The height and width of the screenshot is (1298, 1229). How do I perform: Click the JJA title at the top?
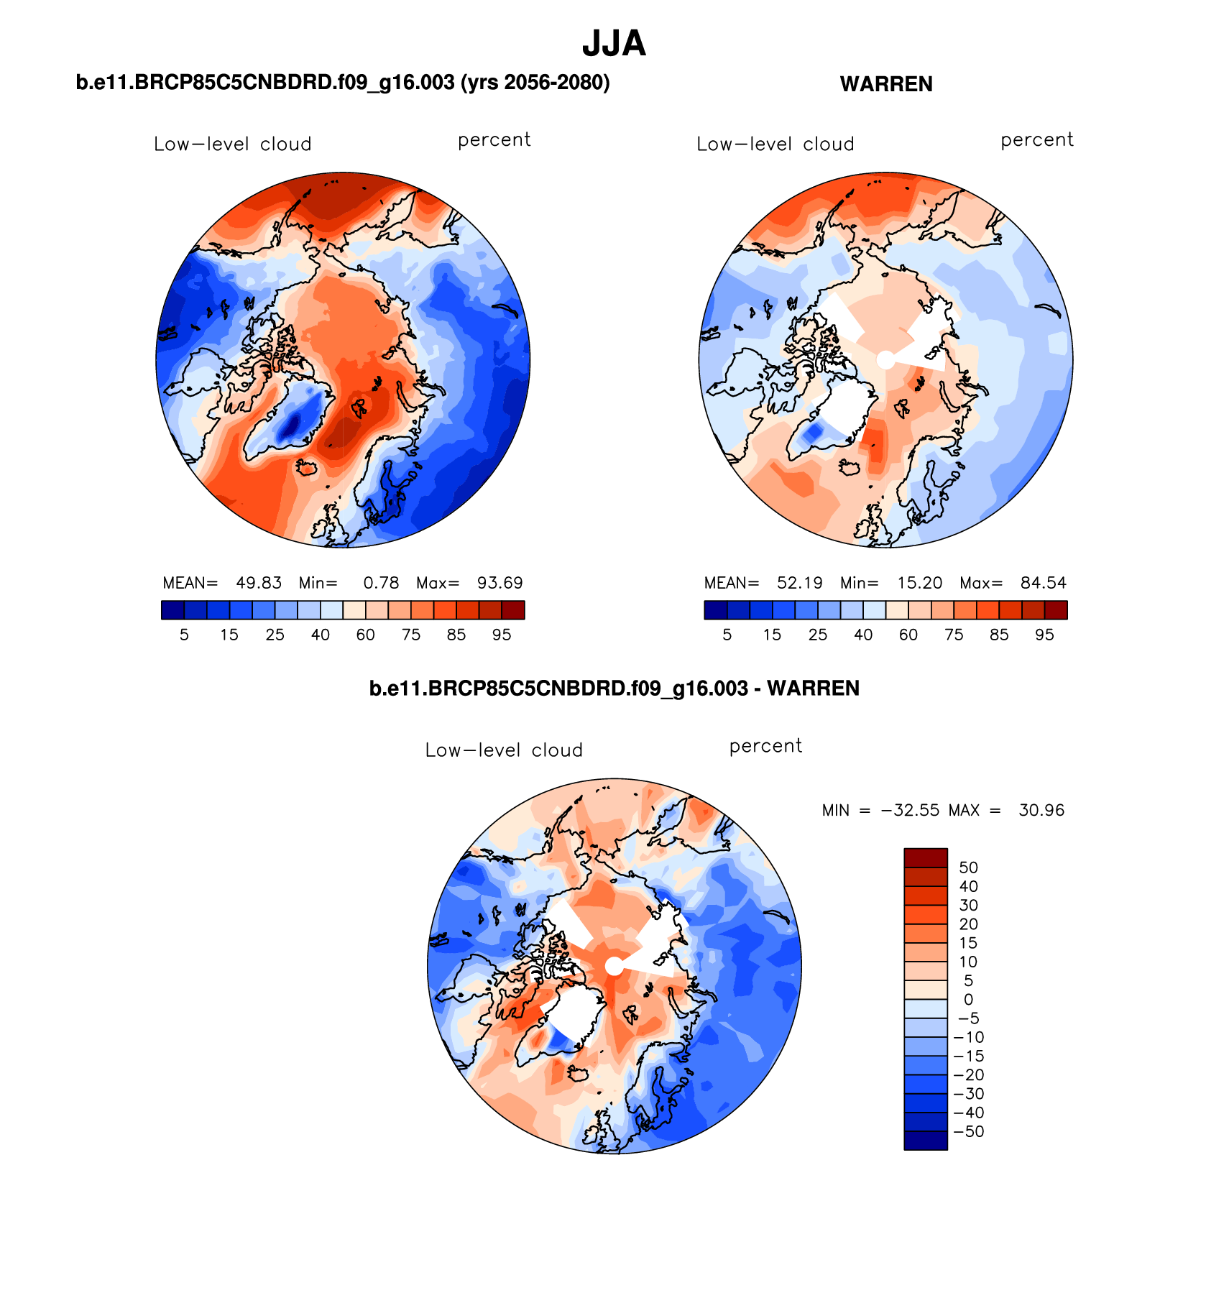[614, 44]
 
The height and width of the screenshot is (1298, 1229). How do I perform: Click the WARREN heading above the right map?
[886, 84]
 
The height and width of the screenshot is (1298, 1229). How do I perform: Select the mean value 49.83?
[259, 583]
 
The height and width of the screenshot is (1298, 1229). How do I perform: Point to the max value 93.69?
[500, 583]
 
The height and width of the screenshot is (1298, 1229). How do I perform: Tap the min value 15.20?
[920, 583]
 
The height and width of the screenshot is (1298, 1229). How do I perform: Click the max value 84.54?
[1044, 583]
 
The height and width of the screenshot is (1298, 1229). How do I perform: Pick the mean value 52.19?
[800, 583]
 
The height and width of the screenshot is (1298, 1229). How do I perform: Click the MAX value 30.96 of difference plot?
[1041, 811]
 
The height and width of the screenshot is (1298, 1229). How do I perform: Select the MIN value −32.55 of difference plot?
[910, 811]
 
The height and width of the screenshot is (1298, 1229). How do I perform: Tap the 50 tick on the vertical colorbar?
[968, 867]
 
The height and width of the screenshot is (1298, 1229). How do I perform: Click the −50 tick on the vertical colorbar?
[968, 1131]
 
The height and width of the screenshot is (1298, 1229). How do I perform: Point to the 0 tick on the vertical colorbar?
[968, 1000]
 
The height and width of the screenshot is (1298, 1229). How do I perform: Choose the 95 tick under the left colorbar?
[502, 635]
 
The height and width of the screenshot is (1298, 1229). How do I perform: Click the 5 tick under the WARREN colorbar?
[727, 635]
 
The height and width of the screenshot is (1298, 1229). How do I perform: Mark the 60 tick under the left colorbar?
[366, 635]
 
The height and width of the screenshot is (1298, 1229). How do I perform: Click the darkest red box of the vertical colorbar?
[925, 858]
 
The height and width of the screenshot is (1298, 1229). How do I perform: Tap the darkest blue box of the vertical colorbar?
[925, 1141]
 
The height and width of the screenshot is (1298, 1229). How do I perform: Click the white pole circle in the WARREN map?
[886, 359]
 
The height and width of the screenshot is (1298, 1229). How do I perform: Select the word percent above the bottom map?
[765, 746]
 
